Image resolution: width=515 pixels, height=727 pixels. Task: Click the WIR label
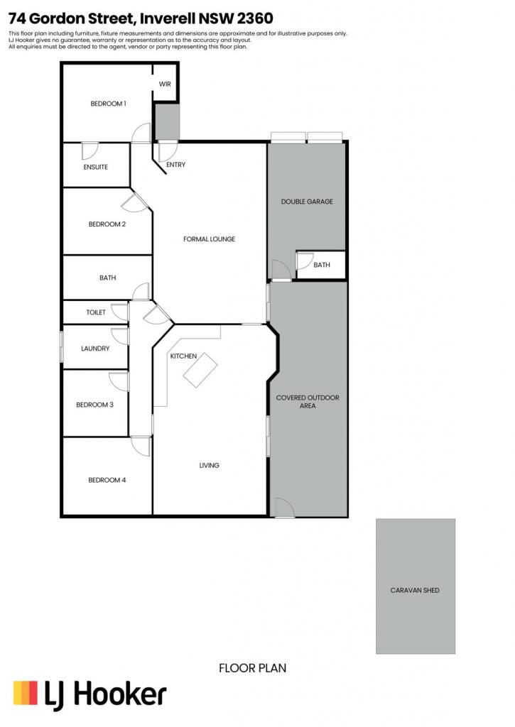click(165, 84)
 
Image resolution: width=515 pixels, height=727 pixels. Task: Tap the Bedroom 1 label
click(108, 104)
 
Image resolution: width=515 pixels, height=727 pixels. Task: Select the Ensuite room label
click(96, 167)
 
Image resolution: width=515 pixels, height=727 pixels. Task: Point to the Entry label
click(176, 165)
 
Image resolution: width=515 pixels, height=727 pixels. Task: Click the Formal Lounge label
click(210, 239)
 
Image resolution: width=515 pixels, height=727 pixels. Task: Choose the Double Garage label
click(307, 201)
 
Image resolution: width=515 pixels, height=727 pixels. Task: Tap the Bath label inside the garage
click(322, 265)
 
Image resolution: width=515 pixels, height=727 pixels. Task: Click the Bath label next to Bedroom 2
click(108, 278)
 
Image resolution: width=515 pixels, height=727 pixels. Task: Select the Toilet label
click(96, 312)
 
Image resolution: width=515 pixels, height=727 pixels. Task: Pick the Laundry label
click(95, 348)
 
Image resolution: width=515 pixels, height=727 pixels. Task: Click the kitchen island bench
click(200, 370)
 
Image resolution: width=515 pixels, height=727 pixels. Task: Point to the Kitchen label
click(183, 356)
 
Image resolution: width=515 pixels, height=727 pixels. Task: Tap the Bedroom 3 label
click(94, 405)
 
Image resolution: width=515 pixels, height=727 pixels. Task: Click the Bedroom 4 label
click(107, 480)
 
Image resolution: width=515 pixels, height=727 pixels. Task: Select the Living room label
click(210, 465)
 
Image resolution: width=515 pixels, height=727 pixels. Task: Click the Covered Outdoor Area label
click(308, 402)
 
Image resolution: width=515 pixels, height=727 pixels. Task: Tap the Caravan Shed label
click(415, 590)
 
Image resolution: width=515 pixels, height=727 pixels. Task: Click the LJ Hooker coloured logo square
click(26, 693)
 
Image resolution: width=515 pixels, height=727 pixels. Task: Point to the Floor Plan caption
click(252, 668)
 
